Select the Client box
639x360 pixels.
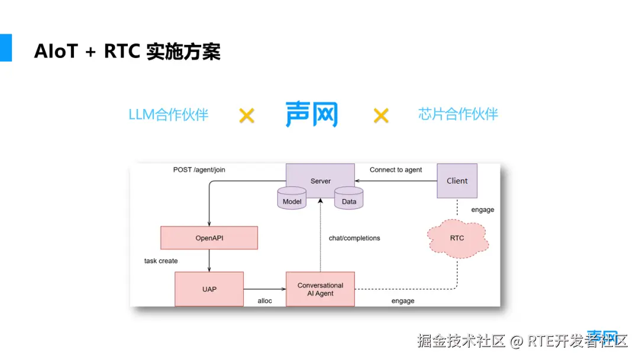pos(457,181)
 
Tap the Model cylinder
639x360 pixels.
pos(292,198)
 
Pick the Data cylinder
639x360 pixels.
pos(349,198)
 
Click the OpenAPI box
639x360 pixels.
pos(209,237)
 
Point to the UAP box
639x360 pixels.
pos(209,289)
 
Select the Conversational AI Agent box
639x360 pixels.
pos(320,289)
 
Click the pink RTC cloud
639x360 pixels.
pos(457,239)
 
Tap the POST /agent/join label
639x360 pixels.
pos(199,169)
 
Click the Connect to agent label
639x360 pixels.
pos(396,169)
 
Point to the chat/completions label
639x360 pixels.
pos(354,238)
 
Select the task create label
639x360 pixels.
pos(161,261)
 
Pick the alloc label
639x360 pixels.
pos(264,301)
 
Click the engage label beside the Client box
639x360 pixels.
pos(483,210)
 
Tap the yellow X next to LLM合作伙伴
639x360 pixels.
pos(247,115)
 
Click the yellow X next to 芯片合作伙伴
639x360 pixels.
pos(381,115)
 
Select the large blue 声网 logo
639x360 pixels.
pos(312,114)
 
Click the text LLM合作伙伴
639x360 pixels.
pos(168,114)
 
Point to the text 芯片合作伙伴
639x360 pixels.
pos(458,114)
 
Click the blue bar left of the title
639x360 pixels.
pos(6,48)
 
